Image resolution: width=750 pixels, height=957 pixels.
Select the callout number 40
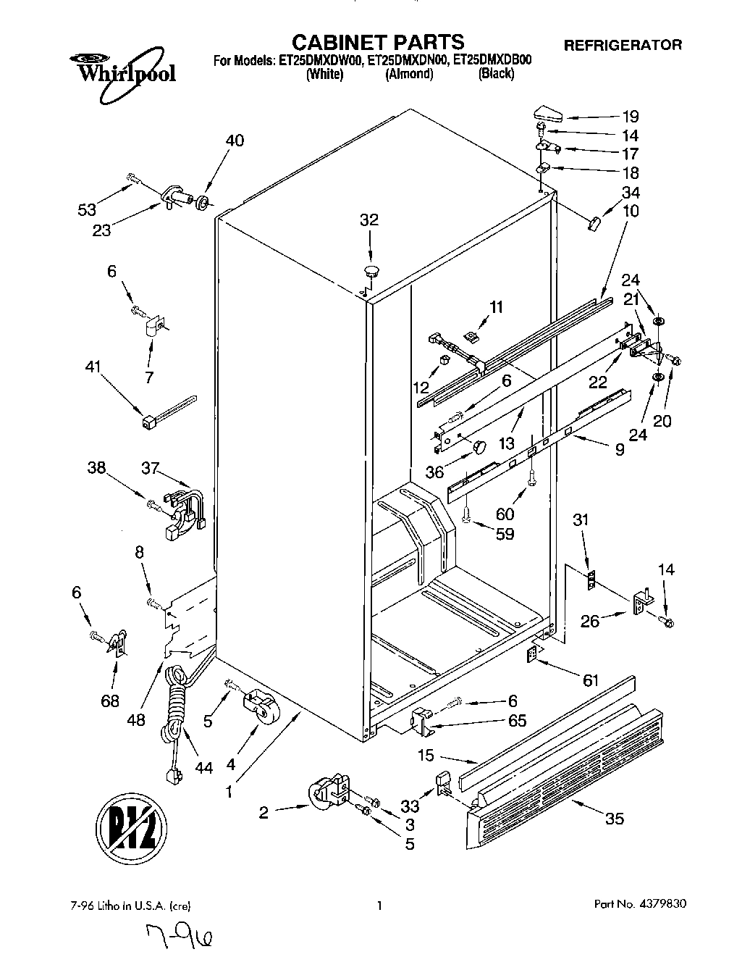235,141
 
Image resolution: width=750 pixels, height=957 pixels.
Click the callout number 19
631,116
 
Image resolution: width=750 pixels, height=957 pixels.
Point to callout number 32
369,220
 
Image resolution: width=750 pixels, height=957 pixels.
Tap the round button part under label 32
371,272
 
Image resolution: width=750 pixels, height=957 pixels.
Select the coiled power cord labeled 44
177,717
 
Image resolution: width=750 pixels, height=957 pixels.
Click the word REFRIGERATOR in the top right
623,45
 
